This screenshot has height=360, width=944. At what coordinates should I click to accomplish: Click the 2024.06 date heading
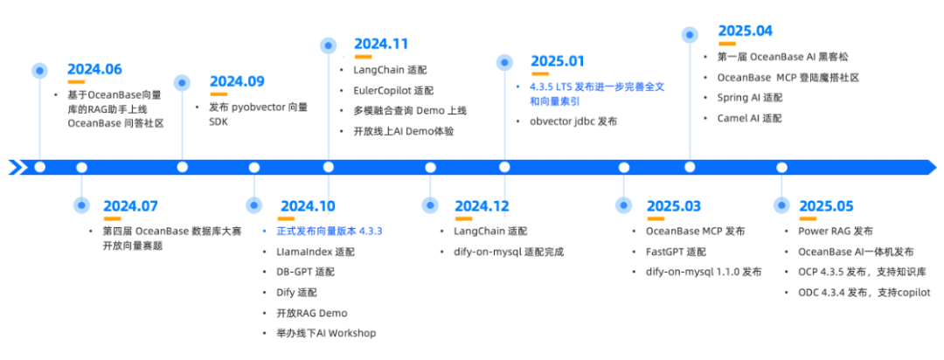tap(94, 69)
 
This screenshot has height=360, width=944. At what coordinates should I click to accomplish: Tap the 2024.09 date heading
tap(237, 82)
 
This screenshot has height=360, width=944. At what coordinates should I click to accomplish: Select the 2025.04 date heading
tap(746, 31)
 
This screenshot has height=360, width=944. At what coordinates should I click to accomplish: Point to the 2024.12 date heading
tap(482, 206)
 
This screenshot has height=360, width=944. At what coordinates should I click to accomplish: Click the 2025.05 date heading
tap(826, 206)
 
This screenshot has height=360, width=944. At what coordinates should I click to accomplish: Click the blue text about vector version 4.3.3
tap(330, 231)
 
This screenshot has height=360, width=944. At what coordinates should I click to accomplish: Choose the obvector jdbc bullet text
tap(573, 121)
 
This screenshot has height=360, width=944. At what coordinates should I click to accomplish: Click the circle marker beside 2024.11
tap(328, 45)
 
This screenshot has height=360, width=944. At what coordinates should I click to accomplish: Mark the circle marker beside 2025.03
tap(624, 204)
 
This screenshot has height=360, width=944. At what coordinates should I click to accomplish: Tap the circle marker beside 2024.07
tap(82, 204)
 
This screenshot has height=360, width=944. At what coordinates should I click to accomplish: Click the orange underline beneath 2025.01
tap(540, 74)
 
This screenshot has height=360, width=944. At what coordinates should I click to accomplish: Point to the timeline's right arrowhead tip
tap(937, 167)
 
